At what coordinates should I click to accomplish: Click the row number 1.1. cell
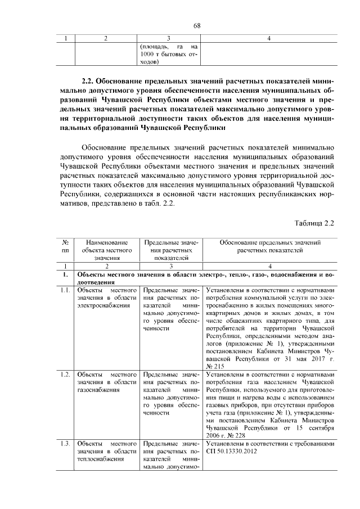click(x=65, y=290)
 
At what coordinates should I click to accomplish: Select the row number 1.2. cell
click(x=65, y=373)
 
